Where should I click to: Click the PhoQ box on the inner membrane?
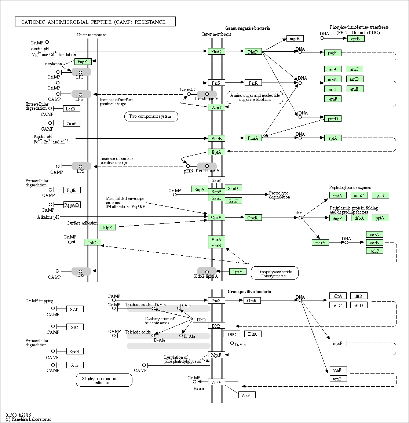(x=216, y=52)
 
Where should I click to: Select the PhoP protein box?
(x=253, y=52)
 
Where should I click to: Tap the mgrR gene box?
(x=295, y=39)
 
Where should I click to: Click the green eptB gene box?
(x=356, y=39)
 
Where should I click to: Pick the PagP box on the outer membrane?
(x=83, y=62)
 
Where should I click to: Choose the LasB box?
(x=72, y=109)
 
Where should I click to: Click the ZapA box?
(x=72, y=123)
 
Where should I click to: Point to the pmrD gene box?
(x=333, y=118)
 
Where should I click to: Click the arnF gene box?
(x=333, y=98)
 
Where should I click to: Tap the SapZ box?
(x=216, y=180)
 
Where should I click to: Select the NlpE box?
(x=107, y=227)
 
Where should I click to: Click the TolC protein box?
(x=92, y=242)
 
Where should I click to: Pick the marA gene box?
(x=320, y=242)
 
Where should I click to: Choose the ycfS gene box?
(x=380, y=195)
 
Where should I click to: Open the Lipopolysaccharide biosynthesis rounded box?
(x=274, y=273)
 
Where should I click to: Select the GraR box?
(x=252, y=301)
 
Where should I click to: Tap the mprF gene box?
(x=338, y=343)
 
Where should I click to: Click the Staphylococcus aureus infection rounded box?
(x=104, y=380)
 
